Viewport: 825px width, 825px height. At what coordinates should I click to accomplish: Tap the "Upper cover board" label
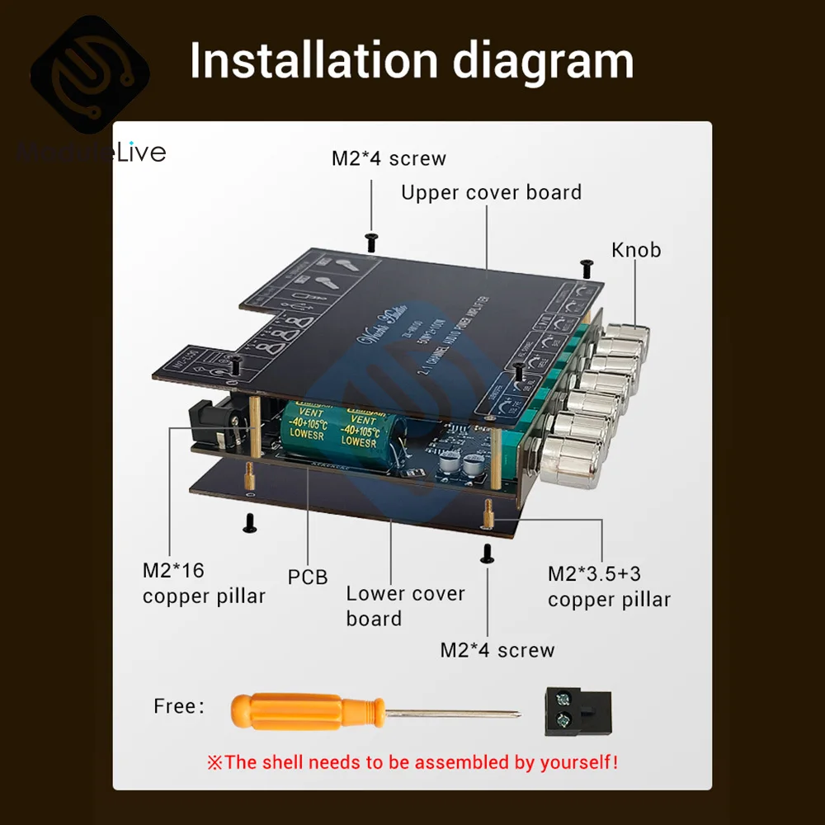(491, 193)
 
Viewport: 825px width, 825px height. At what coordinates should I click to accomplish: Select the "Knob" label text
(636, 250)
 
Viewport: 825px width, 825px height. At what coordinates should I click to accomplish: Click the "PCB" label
(308, 577)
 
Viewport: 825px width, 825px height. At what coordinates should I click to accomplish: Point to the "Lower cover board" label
(405, 606)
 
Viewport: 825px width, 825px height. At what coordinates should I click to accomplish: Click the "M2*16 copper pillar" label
(204, 583)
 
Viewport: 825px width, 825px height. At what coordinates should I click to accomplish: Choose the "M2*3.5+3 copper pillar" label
(609, 587)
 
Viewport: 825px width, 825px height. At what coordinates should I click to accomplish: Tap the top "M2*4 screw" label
(389, 158)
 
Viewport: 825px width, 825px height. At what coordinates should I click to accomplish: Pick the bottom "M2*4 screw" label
(497, 650)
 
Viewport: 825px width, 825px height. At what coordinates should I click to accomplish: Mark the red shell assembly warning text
(412, 761)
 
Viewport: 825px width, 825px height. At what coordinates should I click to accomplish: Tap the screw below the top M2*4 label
(371, 240)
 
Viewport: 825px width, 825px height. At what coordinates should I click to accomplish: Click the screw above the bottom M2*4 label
(487, 554)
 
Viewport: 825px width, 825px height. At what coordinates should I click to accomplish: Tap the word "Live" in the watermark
(141, 153)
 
